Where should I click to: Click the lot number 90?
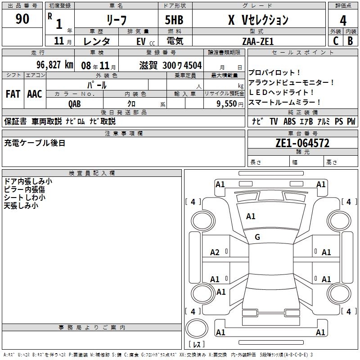tap(22, 19)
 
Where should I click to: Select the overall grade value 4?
tap(343, 20)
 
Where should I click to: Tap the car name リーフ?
tap(116, 20)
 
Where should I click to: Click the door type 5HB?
tap(174, 20)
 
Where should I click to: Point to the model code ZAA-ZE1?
tap(257, 41)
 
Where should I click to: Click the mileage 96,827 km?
tap(54, 65)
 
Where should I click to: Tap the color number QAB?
tap(75, 103)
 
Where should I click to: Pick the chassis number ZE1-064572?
tap(302, 143)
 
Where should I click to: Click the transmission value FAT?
tap(13, 94)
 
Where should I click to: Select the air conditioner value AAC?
tap(34, 94)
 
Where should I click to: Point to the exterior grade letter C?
tap(335, 41)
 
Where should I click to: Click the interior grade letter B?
tap(350, 41)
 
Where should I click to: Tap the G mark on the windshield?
tap(257, 237)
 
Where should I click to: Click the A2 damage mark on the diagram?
tap(215, 252)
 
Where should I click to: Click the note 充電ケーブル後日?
tap(35, 143)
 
